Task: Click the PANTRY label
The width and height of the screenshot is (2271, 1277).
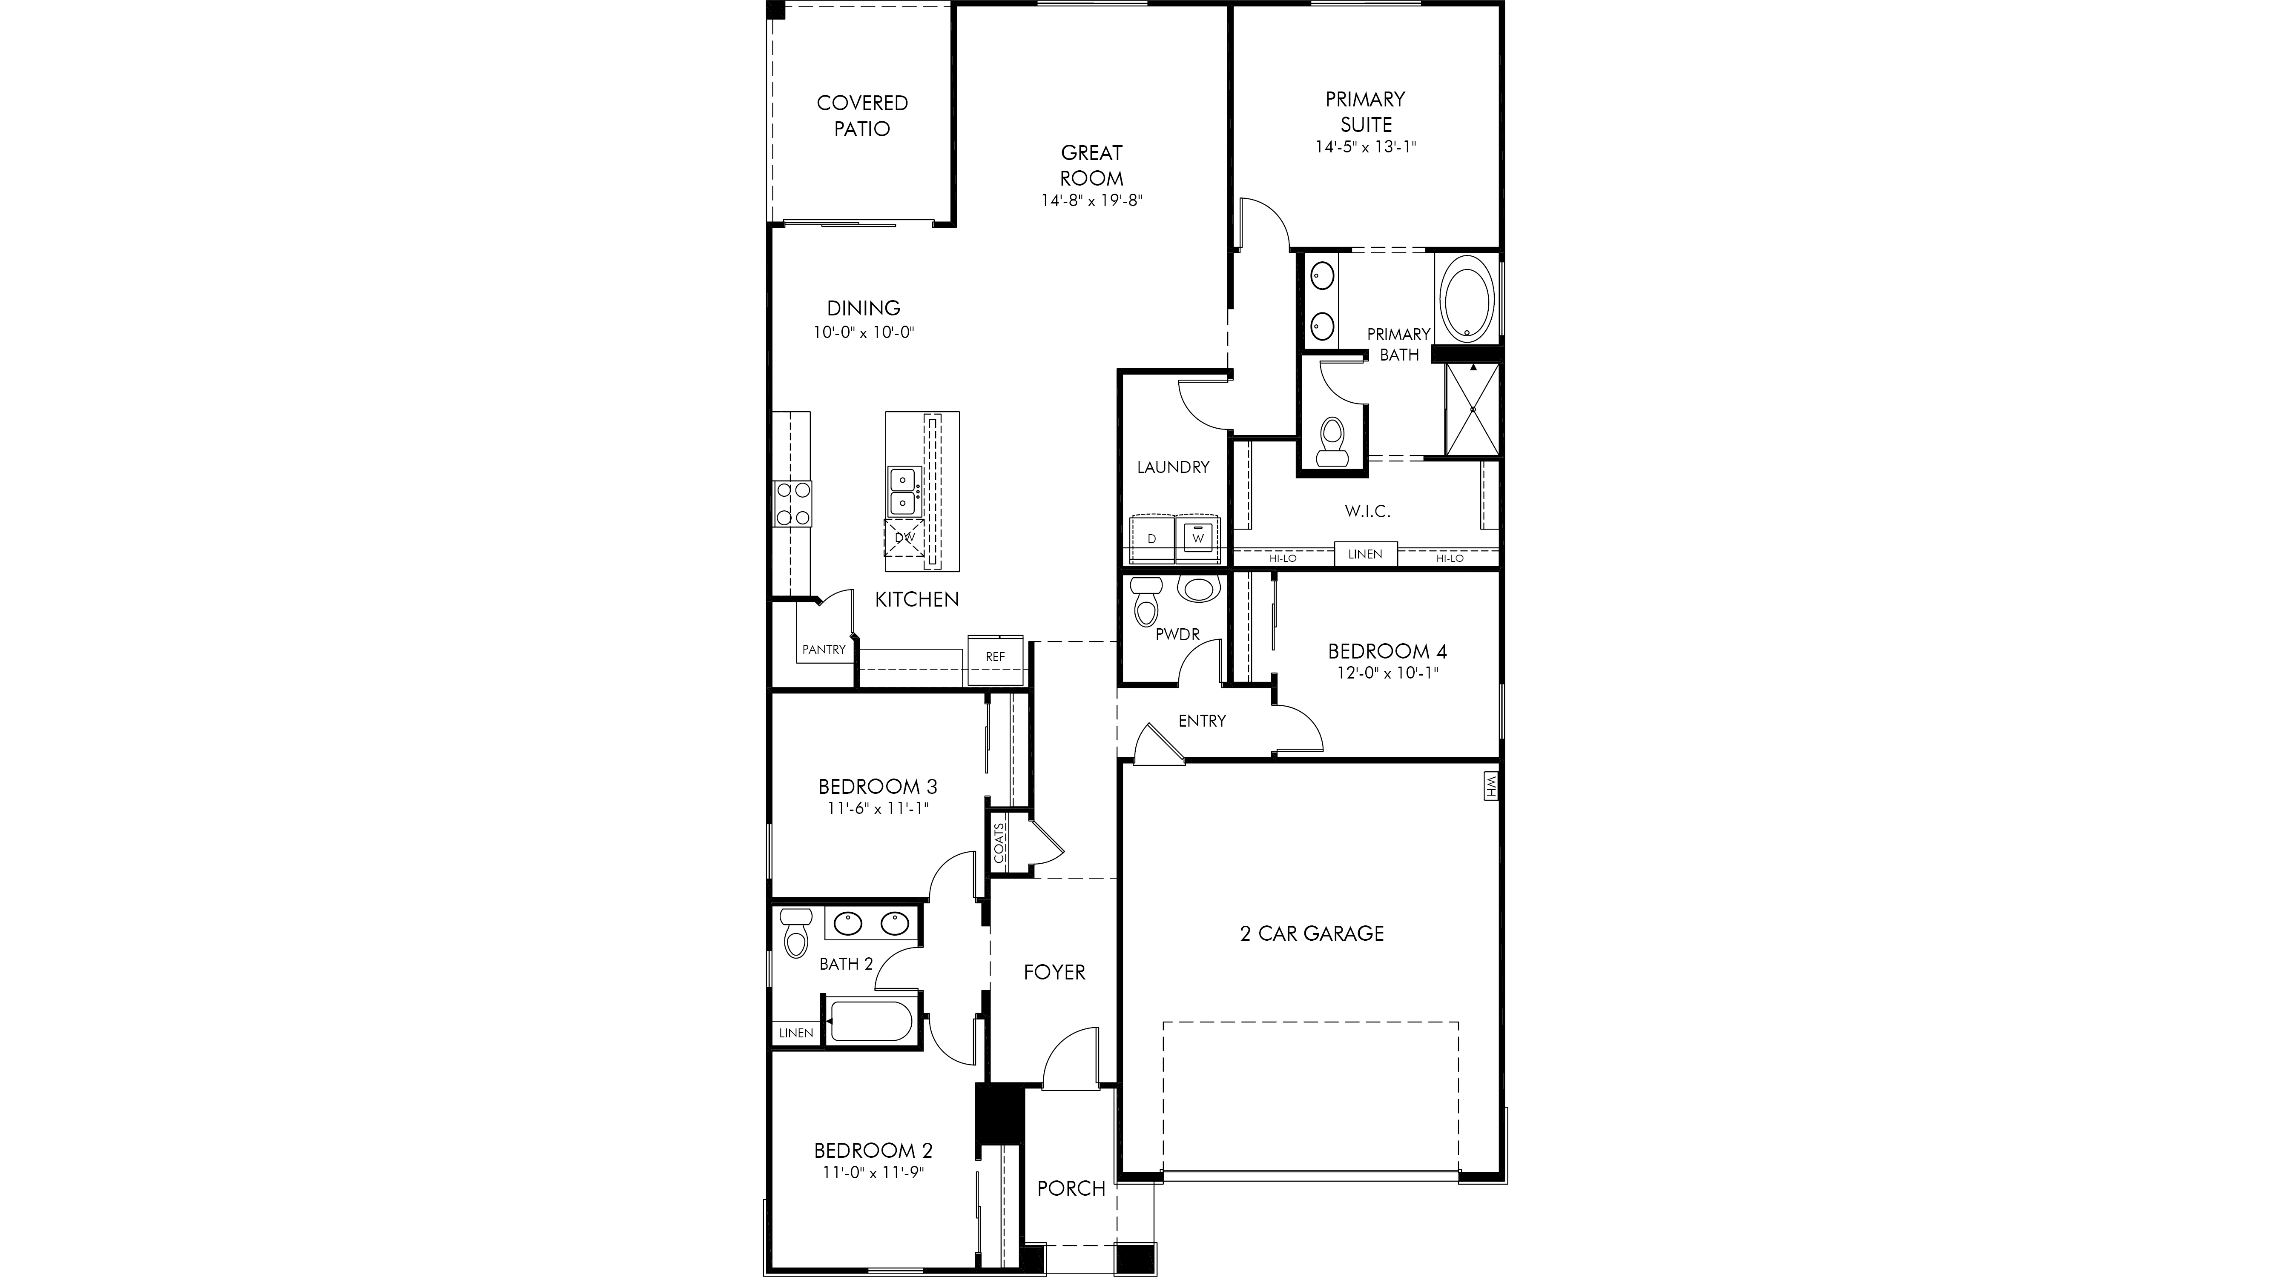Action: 824,650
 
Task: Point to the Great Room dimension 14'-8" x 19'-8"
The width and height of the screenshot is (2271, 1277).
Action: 1091,200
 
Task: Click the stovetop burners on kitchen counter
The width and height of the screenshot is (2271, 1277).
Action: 175,504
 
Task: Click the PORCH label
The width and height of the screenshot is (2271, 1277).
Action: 1071,1188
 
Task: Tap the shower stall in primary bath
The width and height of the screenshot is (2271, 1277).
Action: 1472,409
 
